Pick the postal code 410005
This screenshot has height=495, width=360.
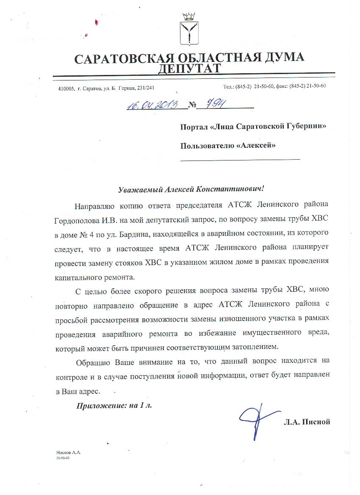(x=66, y=88)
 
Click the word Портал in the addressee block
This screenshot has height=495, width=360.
(x=194, y=127)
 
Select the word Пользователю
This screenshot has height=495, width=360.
(x=207, y=146)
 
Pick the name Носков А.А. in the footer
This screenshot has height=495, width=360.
(x=68, y=453)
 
